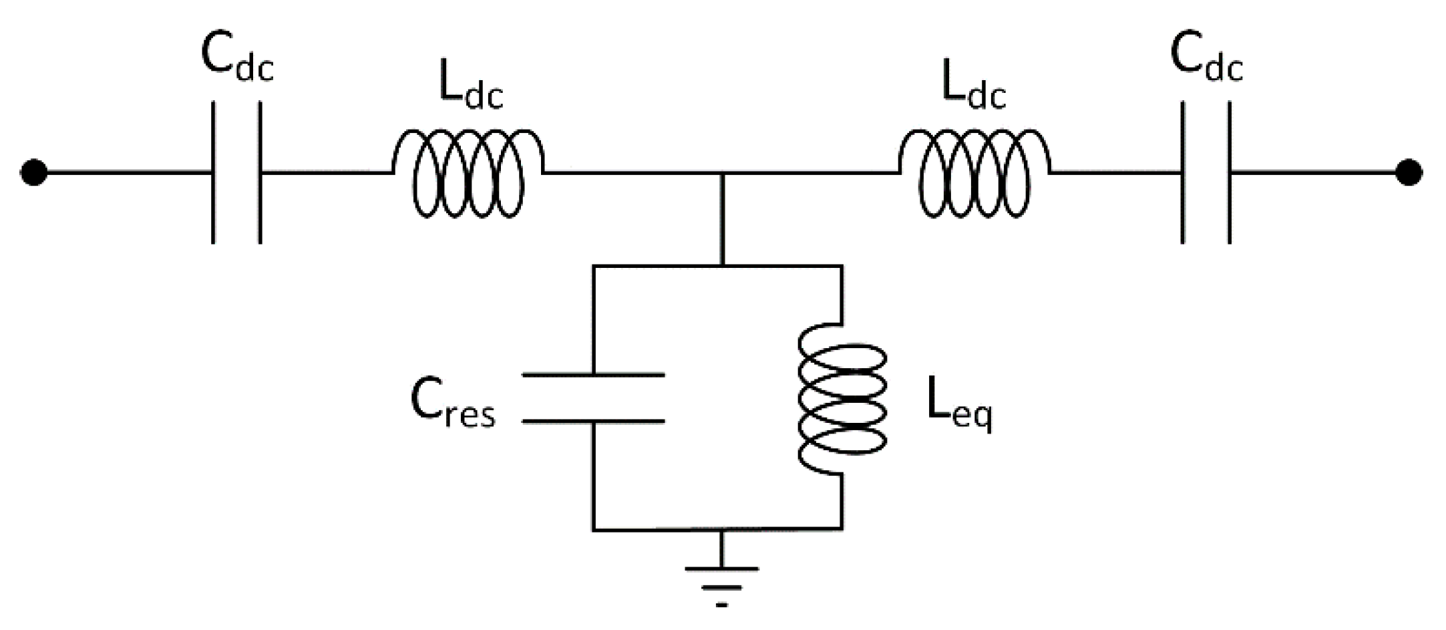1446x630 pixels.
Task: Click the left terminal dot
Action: pos(33,172)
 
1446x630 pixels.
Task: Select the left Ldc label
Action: pos(470,88)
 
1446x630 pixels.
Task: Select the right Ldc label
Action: pos(973,88)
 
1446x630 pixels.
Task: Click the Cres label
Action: pos(453,405)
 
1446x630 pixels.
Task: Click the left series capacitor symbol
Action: pos(236,172)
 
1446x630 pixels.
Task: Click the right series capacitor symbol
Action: pos(1206,172)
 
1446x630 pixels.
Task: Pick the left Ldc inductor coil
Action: pos(468,174)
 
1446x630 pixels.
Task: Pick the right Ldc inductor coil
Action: pos(974,174)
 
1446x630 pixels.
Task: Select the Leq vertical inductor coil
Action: pos(843,400)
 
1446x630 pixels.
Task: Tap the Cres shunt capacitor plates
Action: pos(593,398)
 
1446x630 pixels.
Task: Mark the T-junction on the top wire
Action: pos(722,173)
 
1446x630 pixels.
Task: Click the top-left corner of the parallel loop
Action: pos(593,266)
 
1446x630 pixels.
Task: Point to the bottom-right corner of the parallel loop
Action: pos(842,530)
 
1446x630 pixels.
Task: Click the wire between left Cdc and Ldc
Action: pos(326,173)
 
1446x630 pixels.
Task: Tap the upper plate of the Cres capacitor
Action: pos(593,375)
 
